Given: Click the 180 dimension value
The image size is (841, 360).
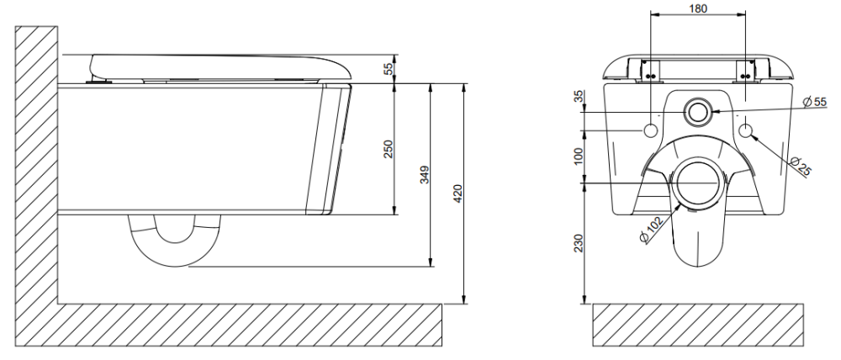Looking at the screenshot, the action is click(x=697, y=8).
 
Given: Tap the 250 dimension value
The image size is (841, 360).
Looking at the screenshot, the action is click(x=389, y=149).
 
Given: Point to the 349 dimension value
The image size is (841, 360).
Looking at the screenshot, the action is click(x=424, y=175).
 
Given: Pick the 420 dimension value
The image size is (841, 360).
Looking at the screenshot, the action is click(x=458, y=193).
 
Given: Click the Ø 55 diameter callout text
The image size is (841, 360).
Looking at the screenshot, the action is click(x=815, y=102).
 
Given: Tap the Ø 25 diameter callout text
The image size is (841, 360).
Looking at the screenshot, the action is click(x=801, y=166).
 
